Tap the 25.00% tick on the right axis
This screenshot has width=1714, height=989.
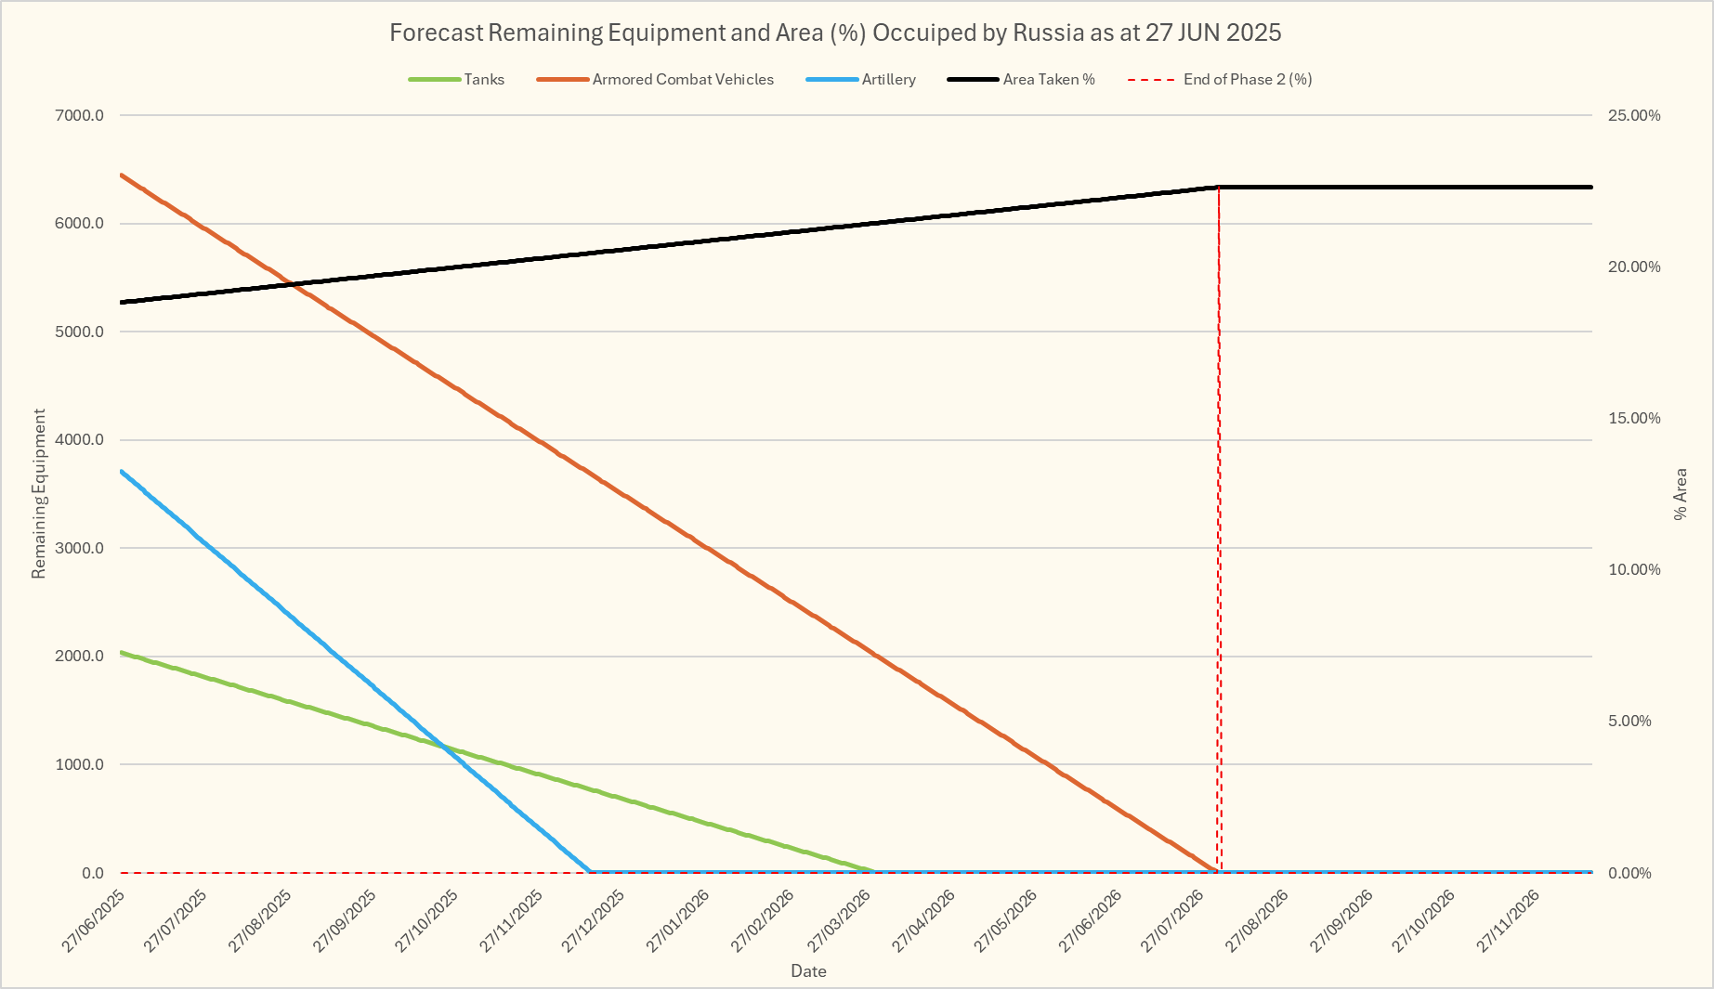click(x=1634, y=115)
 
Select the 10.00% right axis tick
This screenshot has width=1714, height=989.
click(x=1634, y=569)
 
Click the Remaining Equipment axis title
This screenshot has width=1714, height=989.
click(x=39, y=493)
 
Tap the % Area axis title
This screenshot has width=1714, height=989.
click(x=1680, y=493)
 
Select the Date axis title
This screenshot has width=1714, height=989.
click(x=808, y=971)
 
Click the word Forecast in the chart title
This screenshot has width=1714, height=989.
click(x=436, y=33)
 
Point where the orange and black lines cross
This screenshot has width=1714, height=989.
click(x=291, y=283)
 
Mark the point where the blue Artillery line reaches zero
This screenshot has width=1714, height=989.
click(x=590, y=872)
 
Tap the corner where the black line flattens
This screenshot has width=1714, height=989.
click(x=1219, y=187)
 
